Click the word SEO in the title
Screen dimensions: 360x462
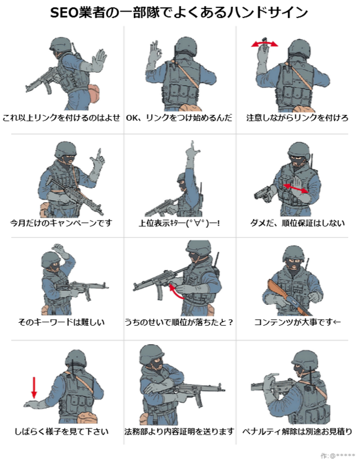64,13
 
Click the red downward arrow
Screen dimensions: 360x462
34,388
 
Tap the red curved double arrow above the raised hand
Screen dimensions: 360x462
264,44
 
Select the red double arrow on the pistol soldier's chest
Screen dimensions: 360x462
295,188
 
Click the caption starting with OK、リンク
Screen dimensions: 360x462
179,118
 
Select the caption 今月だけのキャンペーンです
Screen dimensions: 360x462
61,223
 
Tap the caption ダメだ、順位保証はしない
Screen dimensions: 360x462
297,223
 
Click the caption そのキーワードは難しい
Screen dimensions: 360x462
61,322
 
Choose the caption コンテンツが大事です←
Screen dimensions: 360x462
297,322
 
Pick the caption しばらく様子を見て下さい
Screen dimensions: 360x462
62,431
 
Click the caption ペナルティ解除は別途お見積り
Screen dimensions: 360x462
297,431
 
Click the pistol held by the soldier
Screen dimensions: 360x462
264,194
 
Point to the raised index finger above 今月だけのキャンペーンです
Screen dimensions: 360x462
99,154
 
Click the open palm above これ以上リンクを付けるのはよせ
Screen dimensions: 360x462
99,61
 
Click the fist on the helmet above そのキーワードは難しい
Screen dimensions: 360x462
59,248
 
